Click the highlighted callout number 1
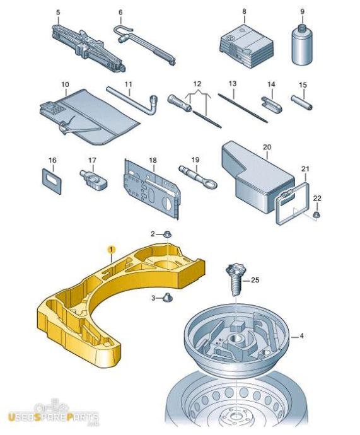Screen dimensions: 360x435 point(111,250)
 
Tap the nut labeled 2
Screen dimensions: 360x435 point(168,234)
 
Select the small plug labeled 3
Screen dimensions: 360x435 point(168,298)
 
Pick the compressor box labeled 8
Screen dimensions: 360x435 point(247,45)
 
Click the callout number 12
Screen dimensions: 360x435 point(197,83)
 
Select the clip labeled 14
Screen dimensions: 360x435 point(272,104)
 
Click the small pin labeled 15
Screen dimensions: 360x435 point(301,102)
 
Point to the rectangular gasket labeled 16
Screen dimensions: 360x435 point(52,181)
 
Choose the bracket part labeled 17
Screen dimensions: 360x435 point(93,180)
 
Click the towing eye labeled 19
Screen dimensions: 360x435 point(198,177)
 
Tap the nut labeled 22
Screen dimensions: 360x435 point(316,214)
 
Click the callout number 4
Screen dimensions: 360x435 point(302,336)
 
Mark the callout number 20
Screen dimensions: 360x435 point(267,147)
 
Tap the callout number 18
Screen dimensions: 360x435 point(153,160)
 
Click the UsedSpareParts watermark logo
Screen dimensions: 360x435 point(53,414)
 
